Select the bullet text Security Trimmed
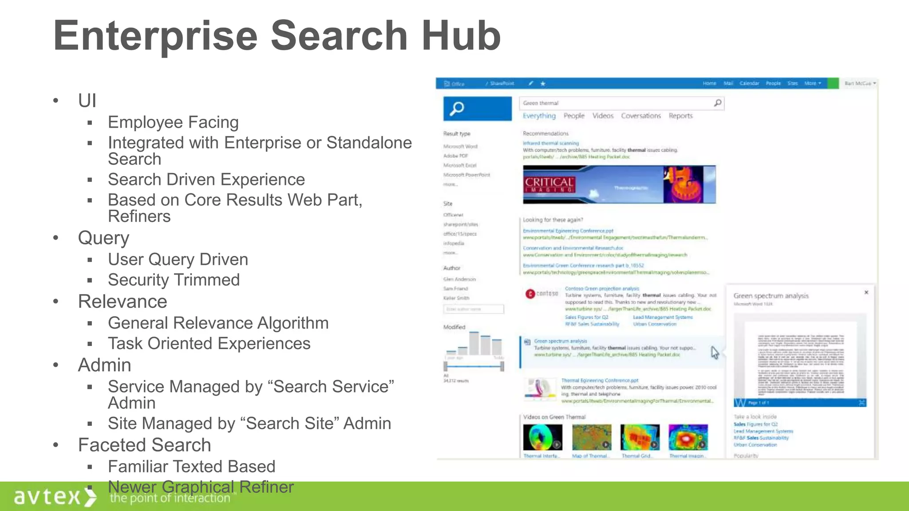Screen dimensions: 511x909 pyautogui.click(x=174, y=280)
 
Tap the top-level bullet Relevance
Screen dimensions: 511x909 pyautogui.click(x=123, y=302)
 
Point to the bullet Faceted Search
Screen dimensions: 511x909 pyautogui.click(x=144, y=445)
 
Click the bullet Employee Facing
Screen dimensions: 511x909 pyautogui.click(x=173, y=122)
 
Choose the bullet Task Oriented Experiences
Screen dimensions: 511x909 pyautogui.click(x=209, y=343)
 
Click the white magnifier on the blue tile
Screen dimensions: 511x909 pyautogui.click(x=457, y=108)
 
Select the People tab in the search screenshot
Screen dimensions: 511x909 pyautogui.click(x=574, y=116)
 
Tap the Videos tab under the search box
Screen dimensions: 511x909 pyautogui.click(x=603, y=116)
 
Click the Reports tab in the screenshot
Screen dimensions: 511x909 pyautogui.click(x=680, y=116)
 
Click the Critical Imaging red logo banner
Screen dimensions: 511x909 pyautogui.click(x=549, y=185)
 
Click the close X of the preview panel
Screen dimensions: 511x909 pyautogui.click(x=866, y=292)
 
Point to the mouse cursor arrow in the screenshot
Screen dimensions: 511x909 pyautogui.click(x=715, y=353)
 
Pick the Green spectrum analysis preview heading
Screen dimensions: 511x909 pyautogui.click(x=771, y=296)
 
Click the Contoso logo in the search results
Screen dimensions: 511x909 pyautogui.click(x=542, y=294)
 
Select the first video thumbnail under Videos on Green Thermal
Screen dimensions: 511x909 pyautogui.click(x=542, y=437)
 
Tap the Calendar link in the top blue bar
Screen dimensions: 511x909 pyautogui.click(x=749, y=83)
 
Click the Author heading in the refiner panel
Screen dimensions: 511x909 pyautogui.click(x=452, y=268)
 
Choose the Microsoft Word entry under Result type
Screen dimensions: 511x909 pyautogui.click(x=460, y=146)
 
